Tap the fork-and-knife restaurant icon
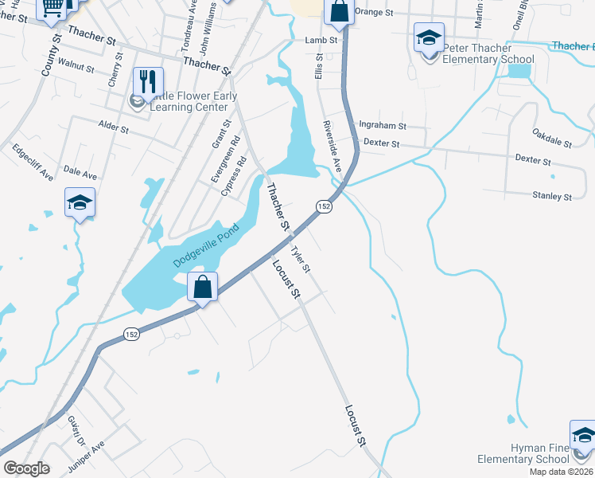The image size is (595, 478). click(x=148, y=80)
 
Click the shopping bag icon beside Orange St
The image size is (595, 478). click(x=339, y=13)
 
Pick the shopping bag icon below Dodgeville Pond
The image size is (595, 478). click(x=202, y=286)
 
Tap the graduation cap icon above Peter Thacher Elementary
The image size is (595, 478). click(x=429, y=37)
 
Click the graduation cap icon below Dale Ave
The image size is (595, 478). click(x=80, y=202)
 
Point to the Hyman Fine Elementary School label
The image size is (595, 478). click(x=523, y=453)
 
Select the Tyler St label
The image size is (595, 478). click(x=300, y=260)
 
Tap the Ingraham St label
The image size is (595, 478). click(x=383, y=126)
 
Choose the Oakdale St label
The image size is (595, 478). click(x=552, y=137)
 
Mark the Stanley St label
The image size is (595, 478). click(x=552, y=195)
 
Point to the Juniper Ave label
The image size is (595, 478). click(x=87, y=452)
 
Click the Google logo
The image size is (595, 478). click(x=26, y=468)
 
